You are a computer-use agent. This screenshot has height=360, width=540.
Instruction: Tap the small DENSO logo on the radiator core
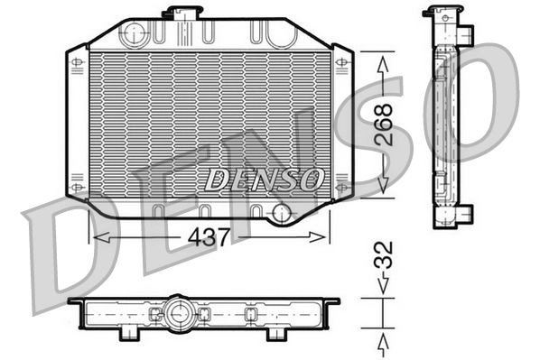(264, 179)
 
